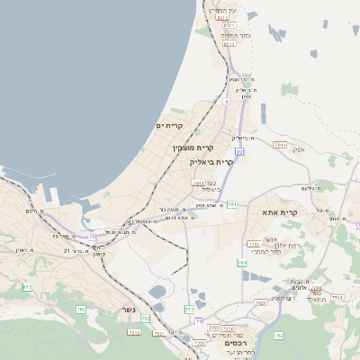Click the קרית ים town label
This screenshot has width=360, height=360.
point(170,125)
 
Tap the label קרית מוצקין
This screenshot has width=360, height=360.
point(191,146)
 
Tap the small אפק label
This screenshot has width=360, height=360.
point(299,149)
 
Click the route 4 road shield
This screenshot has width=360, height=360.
point(227,102)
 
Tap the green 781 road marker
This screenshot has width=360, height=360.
point(231,204)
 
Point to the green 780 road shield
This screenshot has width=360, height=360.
point(242,263)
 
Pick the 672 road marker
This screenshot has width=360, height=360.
point(27,287)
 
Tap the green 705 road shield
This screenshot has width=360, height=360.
point(81,309)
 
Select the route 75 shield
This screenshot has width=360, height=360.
point(92,237)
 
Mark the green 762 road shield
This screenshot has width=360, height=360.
point(279,336)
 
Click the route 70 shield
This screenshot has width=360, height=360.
point(199,321)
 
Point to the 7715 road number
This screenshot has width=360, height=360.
point(337,297)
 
